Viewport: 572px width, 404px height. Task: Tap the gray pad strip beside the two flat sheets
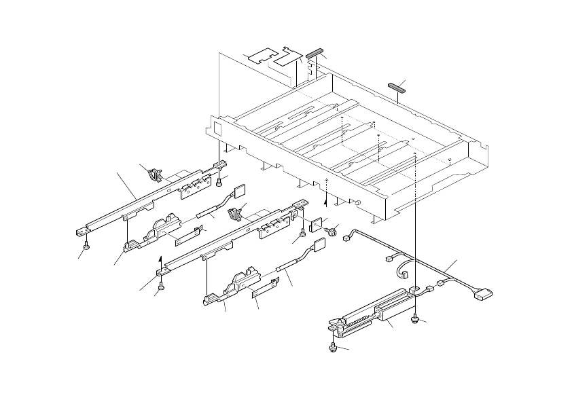tap(315, 52)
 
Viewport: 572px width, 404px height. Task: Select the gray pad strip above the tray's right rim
tap(395, 86)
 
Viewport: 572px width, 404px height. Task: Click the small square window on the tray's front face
tap(217, 128)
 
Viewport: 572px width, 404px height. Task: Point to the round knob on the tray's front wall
tap(357, 202)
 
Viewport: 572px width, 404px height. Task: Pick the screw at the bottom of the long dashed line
tap(414, 319)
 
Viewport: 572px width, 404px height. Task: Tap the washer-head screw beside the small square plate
tap(332, 232)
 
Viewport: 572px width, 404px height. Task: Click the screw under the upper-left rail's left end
tap(86, 246)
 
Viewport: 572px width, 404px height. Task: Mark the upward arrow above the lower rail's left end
tap(160, 259)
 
